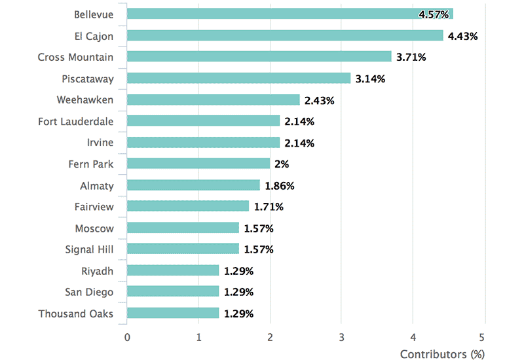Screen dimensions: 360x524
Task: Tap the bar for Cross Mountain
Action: pos(259,57)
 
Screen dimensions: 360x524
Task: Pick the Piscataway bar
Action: pos(238,79)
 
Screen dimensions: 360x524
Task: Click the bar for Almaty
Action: pos(193,185)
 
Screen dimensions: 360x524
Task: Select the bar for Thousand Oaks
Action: pos(172,314)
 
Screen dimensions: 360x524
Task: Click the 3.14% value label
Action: pos(370,79)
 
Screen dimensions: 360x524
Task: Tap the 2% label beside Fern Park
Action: pos(283,164)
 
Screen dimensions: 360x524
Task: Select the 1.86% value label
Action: pos(280,186)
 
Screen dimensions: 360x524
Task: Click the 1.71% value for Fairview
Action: pos(269,207)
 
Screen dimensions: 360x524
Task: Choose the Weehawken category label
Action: pos(85,100)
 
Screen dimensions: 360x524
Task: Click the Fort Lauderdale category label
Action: pos(75,122)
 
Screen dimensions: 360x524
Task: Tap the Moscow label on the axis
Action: pos(94,228)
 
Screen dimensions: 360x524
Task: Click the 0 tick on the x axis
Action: pos(127,337)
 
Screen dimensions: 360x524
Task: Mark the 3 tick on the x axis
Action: pos(341,337)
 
